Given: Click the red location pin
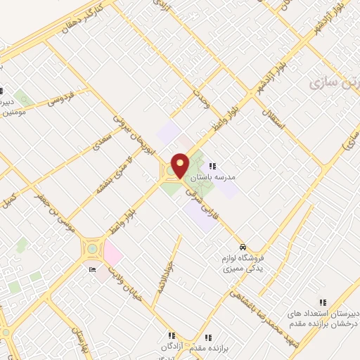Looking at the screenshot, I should (181, 165).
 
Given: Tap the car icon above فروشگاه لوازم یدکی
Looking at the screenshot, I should (242, 248).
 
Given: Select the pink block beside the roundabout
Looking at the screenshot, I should (113, 252).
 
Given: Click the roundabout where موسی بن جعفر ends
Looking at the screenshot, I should (92, 248).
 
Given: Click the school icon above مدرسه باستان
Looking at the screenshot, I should (212, 167).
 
